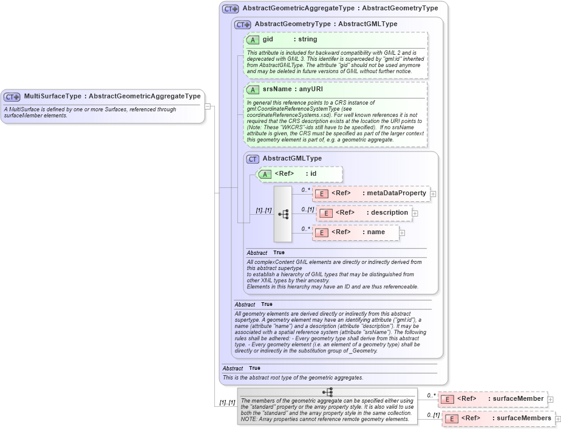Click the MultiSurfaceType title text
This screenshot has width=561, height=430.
[52, 96]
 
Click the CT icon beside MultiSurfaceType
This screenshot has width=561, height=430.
[12, 97]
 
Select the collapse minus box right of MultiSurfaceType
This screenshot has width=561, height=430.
[208, 106]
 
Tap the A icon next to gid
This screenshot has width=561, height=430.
[253, 40]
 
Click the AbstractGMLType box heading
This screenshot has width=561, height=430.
[292, 158]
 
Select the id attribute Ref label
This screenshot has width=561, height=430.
[284, 174]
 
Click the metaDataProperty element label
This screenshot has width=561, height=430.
[396, 193]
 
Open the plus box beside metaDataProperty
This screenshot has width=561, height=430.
[433, 194]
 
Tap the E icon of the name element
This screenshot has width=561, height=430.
[321, 232]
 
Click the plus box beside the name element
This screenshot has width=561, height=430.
[402, 232]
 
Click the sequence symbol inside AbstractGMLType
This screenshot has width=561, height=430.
[283, 214]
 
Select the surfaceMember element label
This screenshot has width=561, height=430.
[515, 399]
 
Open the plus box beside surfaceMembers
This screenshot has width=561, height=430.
[558, 419]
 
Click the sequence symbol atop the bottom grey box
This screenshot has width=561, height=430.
[328, 392]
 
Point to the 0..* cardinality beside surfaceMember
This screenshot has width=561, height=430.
[431, 395]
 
